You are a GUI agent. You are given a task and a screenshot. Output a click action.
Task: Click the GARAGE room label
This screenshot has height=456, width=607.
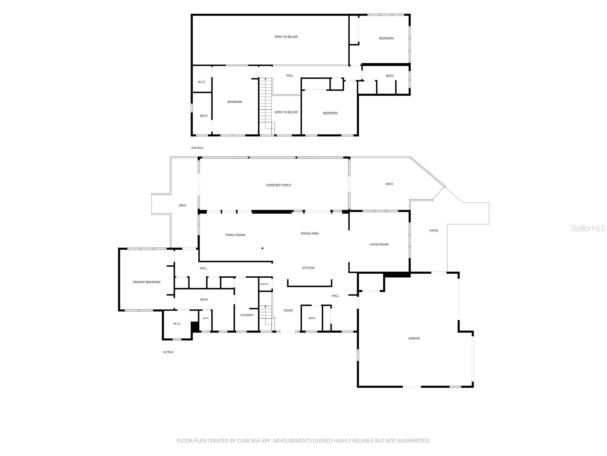point(414,338)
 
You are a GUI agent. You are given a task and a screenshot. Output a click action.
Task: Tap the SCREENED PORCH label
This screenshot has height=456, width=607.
point(278,185)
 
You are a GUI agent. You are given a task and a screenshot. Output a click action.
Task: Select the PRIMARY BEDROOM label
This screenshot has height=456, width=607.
point(146,282)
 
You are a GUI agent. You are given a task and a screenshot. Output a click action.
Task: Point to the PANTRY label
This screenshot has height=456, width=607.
point(264,284)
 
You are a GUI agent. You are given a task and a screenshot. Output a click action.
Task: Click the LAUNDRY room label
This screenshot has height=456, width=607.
point(247,315)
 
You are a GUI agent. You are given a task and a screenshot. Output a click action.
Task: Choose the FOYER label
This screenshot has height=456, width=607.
point(288,310)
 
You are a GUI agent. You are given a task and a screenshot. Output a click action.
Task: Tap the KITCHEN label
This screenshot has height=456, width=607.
point(308,268)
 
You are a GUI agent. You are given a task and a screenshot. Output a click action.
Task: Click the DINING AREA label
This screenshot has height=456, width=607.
point(310,233)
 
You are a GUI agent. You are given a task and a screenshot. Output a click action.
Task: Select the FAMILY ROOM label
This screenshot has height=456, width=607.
point(235,235)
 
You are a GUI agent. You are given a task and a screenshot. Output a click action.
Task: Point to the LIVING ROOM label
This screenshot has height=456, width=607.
point(379,244)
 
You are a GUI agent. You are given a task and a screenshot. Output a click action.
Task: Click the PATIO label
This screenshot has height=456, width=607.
point(433,230)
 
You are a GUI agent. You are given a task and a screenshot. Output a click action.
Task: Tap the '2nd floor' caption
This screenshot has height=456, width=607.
point(197,148)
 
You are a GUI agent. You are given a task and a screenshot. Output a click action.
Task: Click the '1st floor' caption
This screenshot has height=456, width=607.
point(168,352)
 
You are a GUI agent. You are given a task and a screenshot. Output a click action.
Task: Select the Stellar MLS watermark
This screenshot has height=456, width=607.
point(588,228)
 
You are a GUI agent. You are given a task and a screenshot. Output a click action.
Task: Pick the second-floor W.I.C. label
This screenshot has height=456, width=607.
point(202,82)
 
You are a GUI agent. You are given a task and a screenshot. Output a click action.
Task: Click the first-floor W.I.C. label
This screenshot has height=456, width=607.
point(177,323)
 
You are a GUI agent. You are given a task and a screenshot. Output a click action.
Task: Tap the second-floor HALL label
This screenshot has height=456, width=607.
point(289,75)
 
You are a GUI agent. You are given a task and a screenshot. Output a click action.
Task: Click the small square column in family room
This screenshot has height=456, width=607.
point(262,248)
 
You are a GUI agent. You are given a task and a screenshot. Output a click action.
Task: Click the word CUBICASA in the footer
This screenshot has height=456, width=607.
point(248,440)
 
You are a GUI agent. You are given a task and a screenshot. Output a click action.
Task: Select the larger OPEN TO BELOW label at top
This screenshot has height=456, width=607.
point(286,36)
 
